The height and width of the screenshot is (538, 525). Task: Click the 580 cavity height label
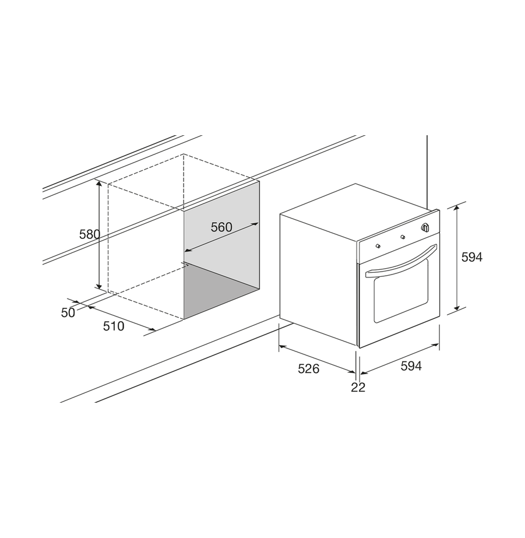point(90,234)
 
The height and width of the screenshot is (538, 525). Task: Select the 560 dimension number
point(221,227)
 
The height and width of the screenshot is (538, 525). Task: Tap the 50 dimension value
point(68,312)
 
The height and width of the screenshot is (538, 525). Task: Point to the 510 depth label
point(114,326)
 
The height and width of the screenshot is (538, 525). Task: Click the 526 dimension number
point(309,368)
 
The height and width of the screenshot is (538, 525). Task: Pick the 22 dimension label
point(358,387)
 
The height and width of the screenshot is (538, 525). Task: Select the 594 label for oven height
point(472,257)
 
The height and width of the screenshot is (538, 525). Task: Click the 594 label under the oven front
point(411,366)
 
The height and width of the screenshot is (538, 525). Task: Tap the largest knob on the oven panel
point(425,227)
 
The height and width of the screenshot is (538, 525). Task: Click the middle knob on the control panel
point(403,237)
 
